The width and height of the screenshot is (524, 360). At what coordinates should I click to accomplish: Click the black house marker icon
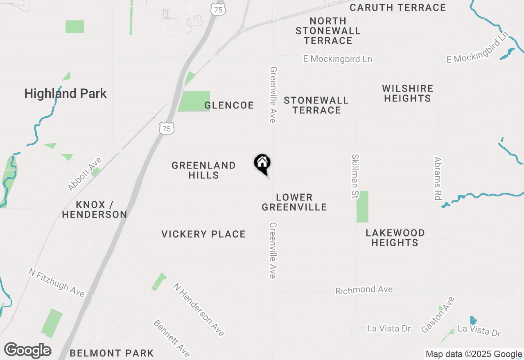coord(262,164)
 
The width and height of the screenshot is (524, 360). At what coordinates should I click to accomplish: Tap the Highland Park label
coord(65,94)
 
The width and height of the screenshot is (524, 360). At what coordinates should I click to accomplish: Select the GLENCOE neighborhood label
coord(229,106)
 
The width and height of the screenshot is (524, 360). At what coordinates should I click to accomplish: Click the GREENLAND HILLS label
coord(203,170)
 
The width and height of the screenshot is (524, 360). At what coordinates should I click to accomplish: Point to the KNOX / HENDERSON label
coord(95,209)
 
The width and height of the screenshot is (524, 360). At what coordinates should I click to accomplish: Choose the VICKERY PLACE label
coord(203,234)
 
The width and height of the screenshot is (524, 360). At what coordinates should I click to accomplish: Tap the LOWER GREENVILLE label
coord(294,202)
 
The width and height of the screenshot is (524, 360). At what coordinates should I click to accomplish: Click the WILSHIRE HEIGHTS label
coord(407,94)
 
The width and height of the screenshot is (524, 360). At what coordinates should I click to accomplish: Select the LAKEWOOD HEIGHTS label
coord(395,238)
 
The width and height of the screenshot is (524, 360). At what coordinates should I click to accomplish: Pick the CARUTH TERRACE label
coord(398,7)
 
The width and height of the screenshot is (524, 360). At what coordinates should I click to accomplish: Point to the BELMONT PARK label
coord(112,353)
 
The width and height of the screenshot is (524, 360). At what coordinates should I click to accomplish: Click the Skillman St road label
coord(355,176)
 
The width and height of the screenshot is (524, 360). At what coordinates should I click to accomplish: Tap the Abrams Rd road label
coord(438,178)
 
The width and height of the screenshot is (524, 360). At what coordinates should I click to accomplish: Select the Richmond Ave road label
coord(364,290)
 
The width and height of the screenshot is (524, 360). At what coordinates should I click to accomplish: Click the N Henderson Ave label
coord(199,310)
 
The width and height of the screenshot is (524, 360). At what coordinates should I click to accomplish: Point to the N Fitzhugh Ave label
coord(56,282)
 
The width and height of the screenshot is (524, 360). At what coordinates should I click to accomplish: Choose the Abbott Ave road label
coord(85,174)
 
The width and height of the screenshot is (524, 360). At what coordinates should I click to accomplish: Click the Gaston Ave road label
coord(438,315)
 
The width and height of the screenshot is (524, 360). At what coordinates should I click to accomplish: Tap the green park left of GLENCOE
coord(194,101)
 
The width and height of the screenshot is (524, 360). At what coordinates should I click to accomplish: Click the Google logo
coord(28,351)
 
